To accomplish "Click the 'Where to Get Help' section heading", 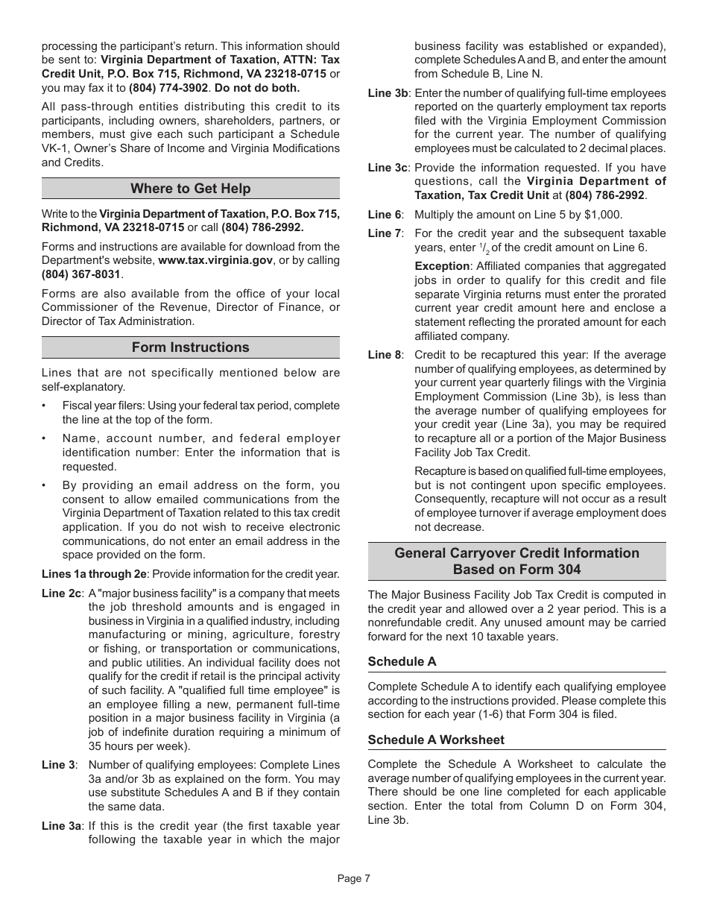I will (190, 189).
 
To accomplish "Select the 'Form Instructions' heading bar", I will (190, 347).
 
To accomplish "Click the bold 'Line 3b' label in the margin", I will (388, 93).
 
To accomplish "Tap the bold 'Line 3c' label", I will (388, 168).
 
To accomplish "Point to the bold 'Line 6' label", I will (384, 215).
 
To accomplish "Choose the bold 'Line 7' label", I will (384, 233).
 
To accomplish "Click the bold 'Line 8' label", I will (384, 355).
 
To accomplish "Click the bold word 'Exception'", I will (442, 266).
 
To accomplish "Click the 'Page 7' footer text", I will (353, 878).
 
